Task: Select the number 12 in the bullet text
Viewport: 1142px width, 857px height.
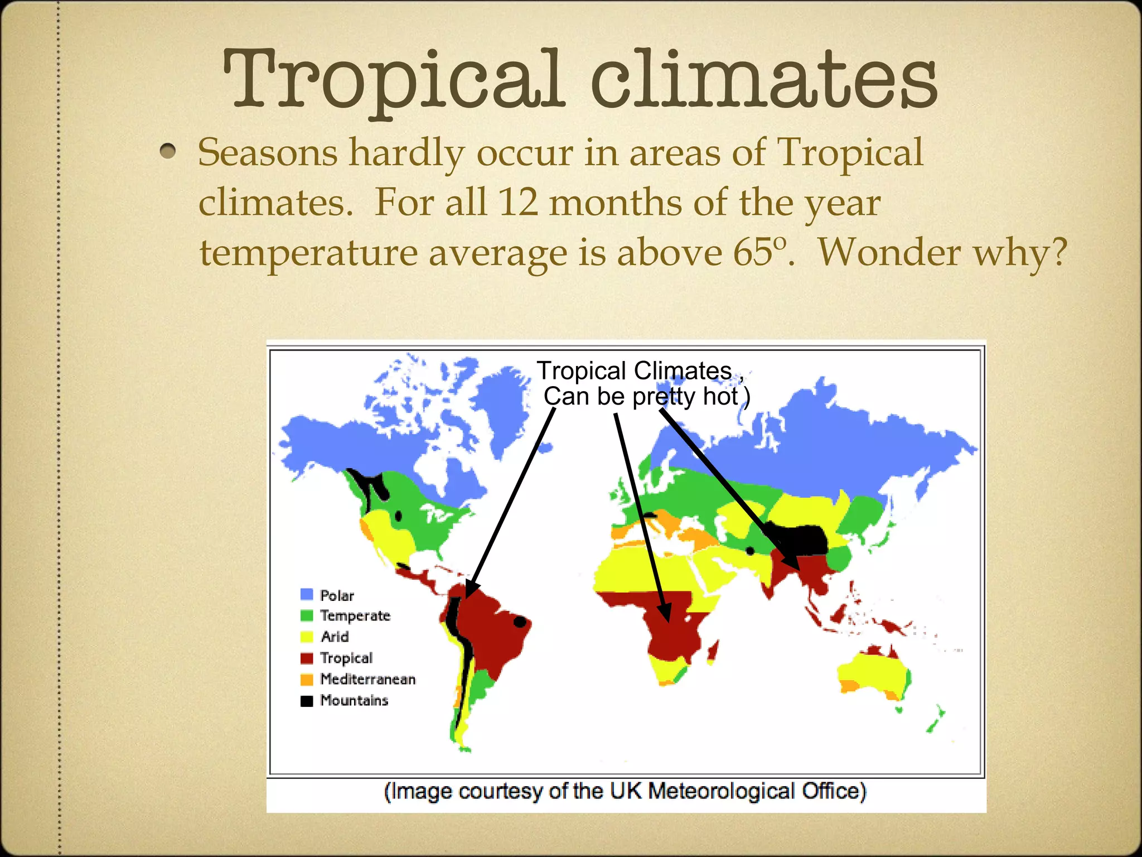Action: click(x=518, y=202)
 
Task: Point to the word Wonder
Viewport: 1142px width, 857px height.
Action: click(x=889, y=252)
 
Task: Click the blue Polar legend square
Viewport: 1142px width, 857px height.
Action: click(x=307, y=594)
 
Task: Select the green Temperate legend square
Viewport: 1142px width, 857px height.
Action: click(x=307, y=615)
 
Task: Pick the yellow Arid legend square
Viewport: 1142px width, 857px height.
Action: click(x=307, y=637)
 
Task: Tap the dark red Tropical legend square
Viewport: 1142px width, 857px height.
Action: click(x=307, y=658)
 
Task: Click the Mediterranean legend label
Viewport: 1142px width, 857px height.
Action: click(x=368, y=679)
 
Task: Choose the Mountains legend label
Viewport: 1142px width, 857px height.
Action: click(x=354, y=700)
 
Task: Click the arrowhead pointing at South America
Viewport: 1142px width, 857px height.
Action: click(x=471, y=590)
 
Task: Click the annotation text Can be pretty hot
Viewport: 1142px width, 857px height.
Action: click(x=641, y=397)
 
